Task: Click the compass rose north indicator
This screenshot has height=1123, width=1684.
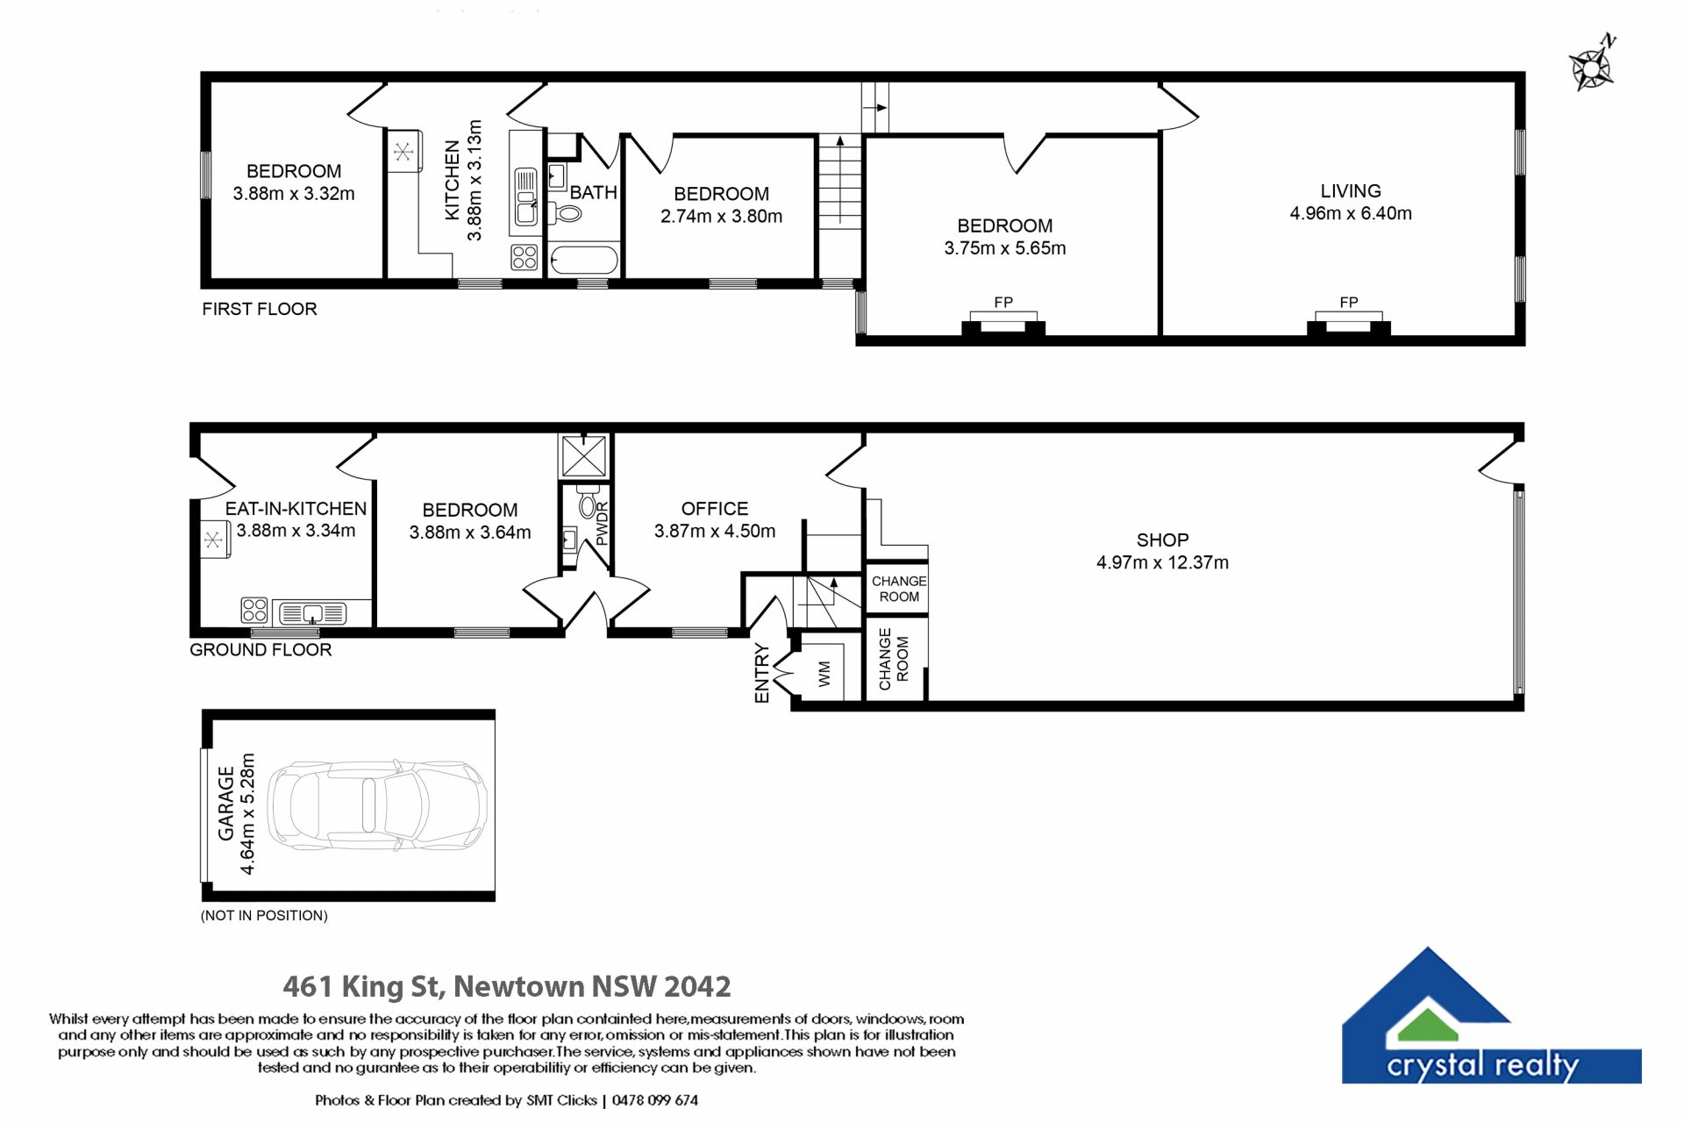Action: [1593, 64]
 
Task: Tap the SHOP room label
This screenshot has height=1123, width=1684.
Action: [1162, 540]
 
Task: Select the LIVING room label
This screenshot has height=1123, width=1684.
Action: [1350, 190]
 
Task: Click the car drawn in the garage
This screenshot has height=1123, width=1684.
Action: [377, 805]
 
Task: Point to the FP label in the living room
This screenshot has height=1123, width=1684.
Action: [1349, 302]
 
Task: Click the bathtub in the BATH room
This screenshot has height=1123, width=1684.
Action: [584, 261]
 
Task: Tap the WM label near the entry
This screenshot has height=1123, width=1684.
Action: [824, 674]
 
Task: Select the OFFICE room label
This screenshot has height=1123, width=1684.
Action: [715, 509]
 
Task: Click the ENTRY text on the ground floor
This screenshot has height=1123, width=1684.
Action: [761, 674]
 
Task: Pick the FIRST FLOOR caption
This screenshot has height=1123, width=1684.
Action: [260, 309]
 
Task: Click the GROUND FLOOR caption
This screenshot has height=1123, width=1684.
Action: [260, 650]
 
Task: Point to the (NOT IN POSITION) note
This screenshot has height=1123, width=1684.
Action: [264, 915]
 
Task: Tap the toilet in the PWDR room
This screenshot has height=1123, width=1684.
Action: [587, 503]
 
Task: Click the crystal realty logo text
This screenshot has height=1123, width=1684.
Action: [1482, 1065]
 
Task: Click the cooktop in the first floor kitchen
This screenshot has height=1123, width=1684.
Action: [524, 257]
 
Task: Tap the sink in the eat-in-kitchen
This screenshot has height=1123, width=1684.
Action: [313, 612]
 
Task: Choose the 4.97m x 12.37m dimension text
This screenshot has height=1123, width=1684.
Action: [1162, 562]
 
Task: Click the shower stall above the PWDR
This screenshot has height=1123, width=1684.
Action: [583, 455]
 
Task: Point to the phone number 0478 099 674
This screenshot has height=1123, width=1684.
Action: [655, 1100]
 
